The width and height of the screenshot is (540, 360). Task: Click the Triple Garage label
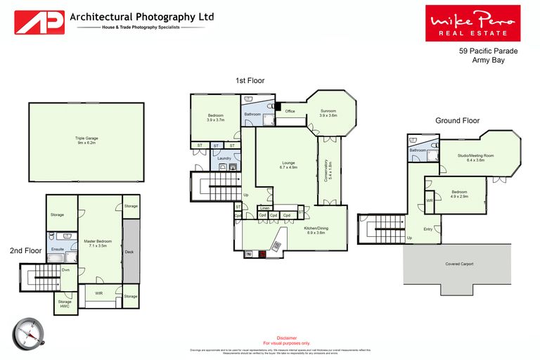point(86,140)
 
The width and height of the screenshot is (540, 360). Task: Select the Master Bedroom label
point(99,244)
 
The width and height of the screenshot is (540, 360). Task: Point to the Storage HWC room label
point(64,303)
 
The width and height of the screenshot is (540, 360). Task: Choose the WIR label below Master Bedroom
point(99,293)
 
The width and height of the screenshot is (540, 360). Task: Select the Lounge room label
point(289,166)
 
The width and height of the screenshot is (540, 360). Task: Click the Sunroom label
point(328,113)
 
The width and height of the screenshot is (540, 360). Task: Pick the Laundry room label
point(224,158)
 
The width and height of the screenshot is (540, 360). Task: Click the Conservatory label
point(327,169)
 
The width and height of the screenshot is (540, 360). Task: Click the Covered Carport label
point(458,264)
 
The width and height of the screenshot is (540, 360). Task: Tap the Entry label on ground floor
point(427,229)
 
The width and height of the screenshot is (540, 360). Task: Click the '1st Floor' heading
point(250,81)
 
